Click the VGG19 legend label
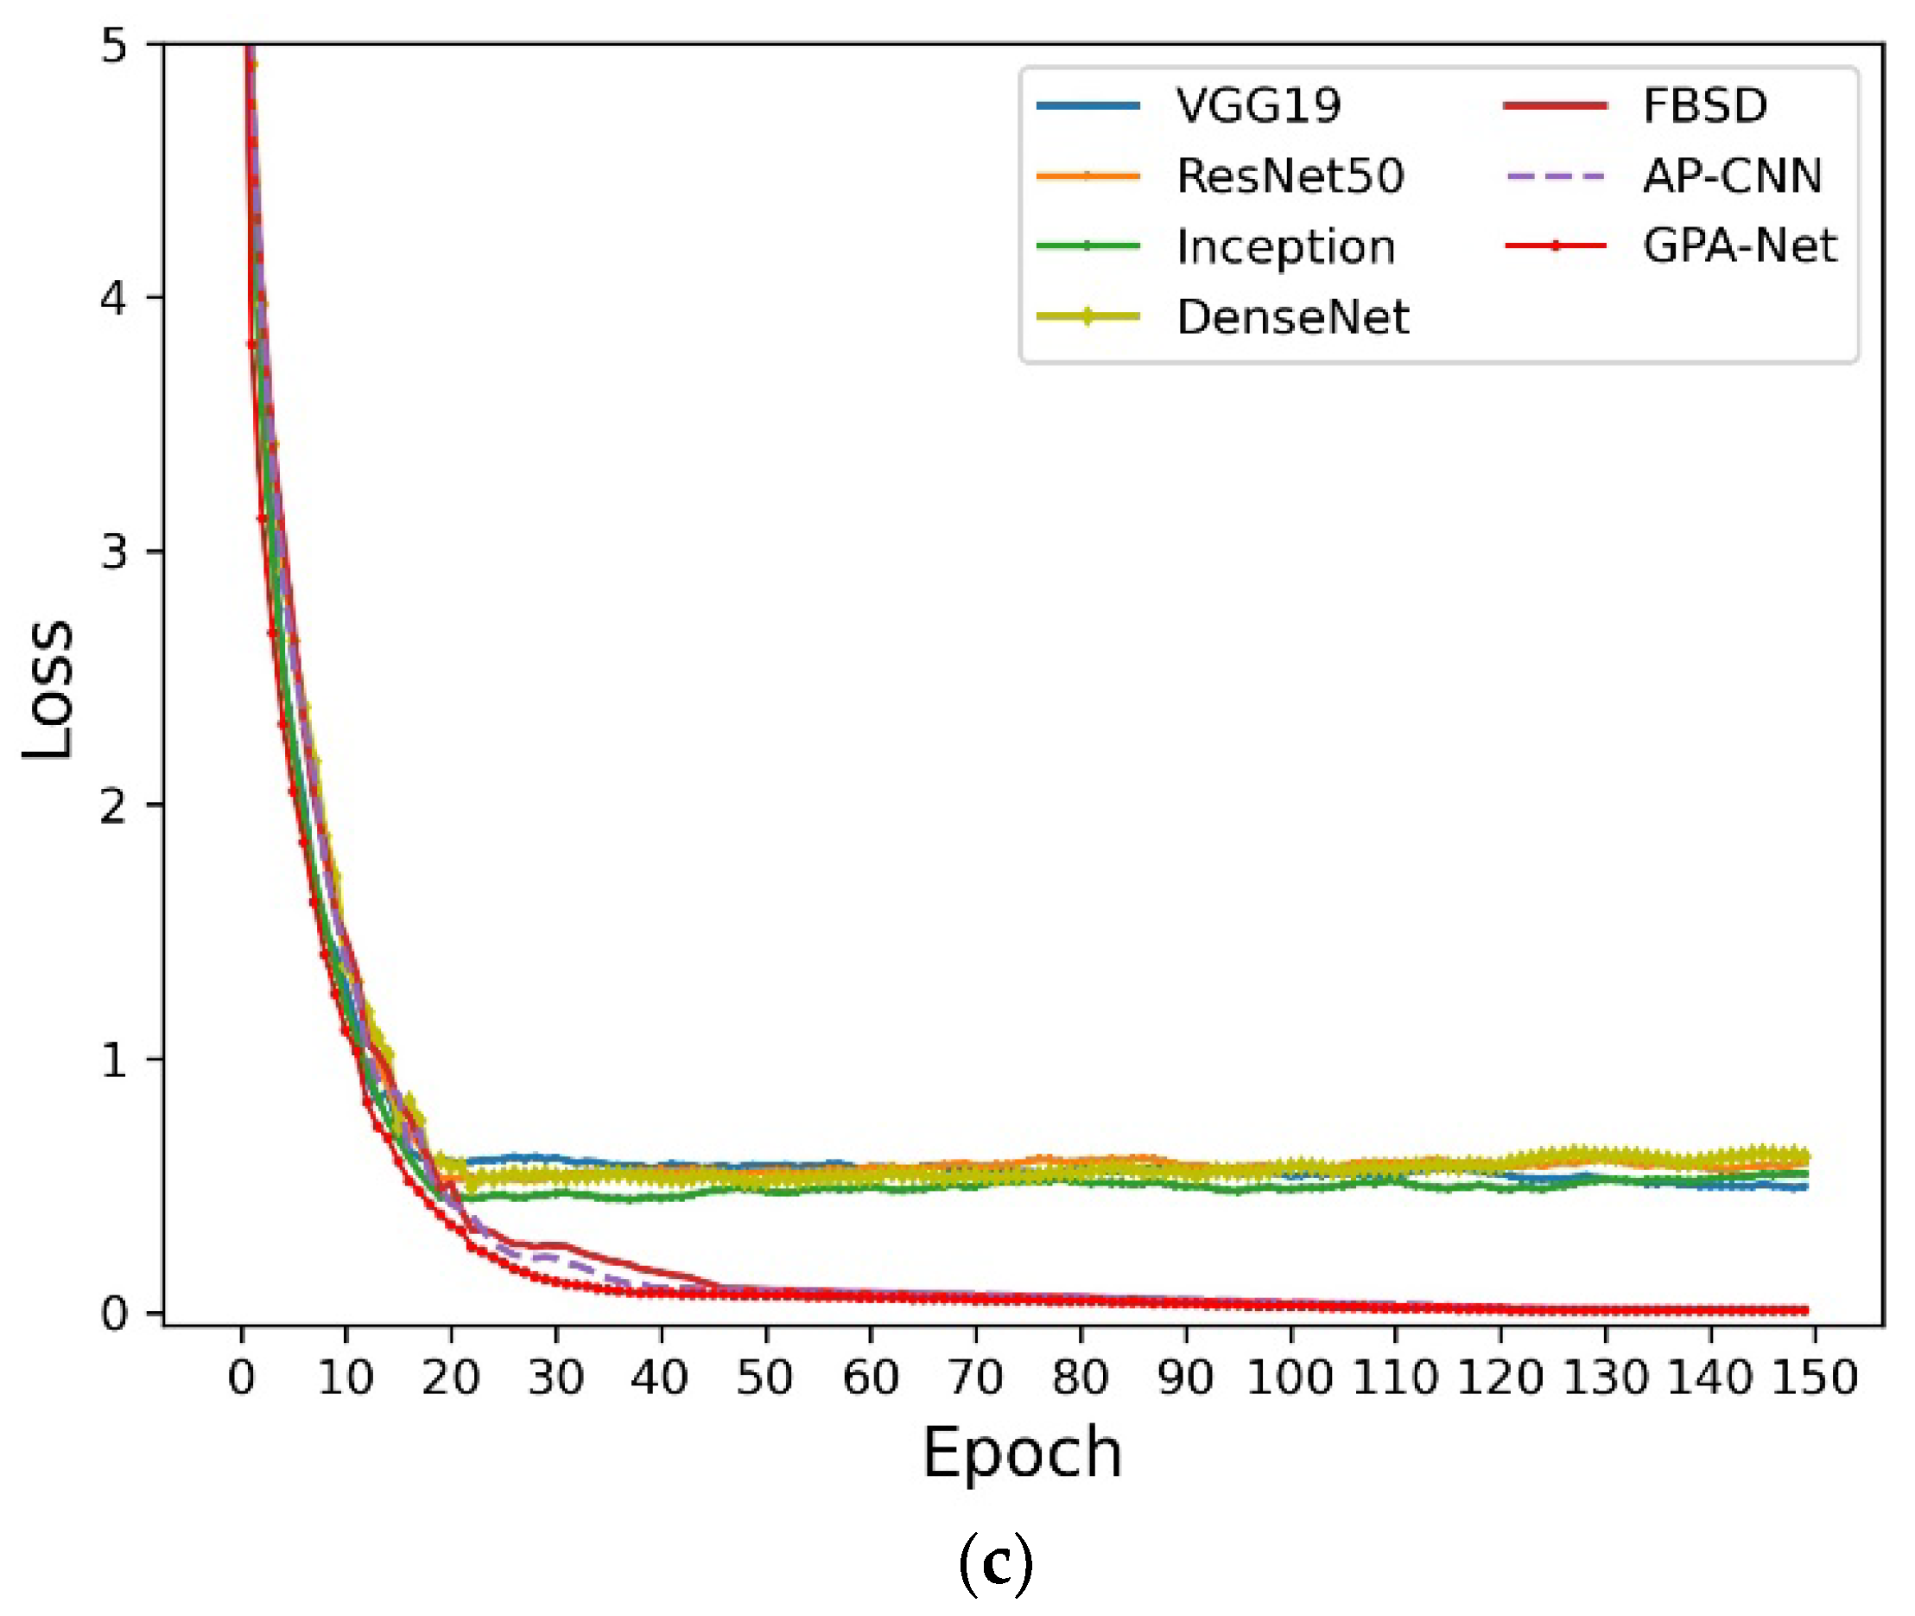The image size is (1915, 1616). pos(1259,105)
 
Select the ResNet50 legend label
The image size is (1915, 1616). pos(1290,176)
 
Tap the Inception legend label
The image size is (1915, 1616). pos(1285,246)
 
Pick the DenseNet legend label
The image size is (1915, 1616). pos(1292,317)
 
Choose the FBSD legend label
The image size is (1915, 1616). pos(1704,105)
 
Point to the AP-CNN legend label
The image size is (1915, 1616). pos(1732,176)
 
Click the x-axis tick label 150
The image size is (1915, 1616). pos(1814,1377)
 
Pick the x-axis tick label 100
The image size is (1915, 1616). pos(1290,1377)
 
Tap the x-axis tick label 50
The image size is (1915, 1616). pos(764,1377)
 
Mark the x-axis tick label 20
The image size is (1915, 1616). pos(451,1377)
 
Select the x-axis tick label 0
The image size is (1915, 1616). pos(242,1377)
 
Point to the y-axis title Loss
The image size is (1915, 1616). pos(48,690)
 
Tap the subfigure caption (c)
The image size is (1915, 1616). pos(996,1566)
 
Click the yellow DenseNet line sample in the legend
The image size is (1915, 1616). pos(1088,317)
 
